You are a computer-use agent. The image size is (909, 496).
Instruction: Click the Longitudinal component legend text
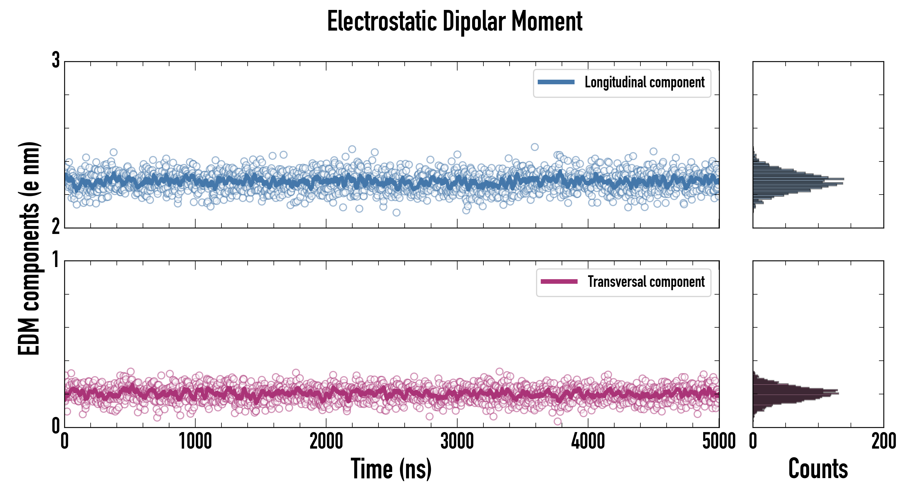tap(644, 82)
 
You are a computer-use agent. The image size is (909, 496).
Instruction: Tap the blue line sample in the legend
tap(556, 82)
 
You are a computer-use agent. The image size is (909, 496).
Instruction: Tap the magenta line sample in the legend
tap(559, 282)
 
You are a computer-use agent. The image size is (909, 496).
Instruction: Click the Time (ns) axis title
tap(391, 469)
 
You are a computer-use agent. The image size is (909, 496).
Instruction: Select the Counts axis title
tap(818, 469)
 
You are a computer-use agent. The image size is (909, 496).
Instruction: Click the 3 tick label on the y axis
tap(56, 60)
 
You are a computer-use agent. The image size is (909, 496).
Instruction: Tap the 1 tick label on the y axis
tap(56, 260)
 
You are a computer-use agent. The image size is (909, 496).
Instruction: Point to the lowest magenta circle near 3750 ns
tap(558, 421)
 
